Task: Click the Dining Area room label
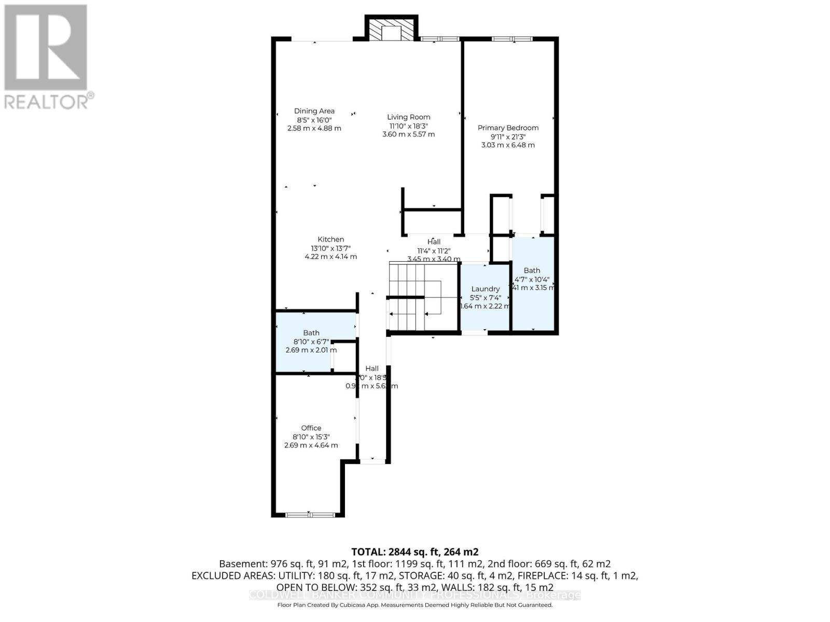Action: coord(314,111)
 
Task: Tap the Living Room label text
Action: coord(408,117)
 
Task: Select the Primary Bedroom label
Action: coord(508,128)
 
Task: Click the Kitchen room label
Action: coord(330,239)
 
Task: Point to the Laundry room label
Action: coord(485,289)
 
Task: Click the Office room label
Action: coord(311,428)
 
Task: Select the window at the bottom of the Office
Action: coord(310,515)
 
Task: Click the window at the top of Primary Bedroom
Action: coord(511,38)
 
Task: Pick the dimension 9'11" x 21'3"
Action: coord(508,137)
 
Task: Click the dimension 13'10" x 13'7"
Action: coord(330,248)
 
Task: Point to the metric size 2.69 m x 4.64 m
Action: coord(311,445)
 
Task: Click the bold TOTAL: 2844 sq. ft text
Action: coord(414,552)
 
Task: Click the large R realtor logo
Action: coord(46,48)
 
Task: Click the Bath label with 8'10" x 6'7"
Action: coord(311,333)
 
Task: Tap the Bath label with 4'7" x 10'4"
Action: coord(531,271)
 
